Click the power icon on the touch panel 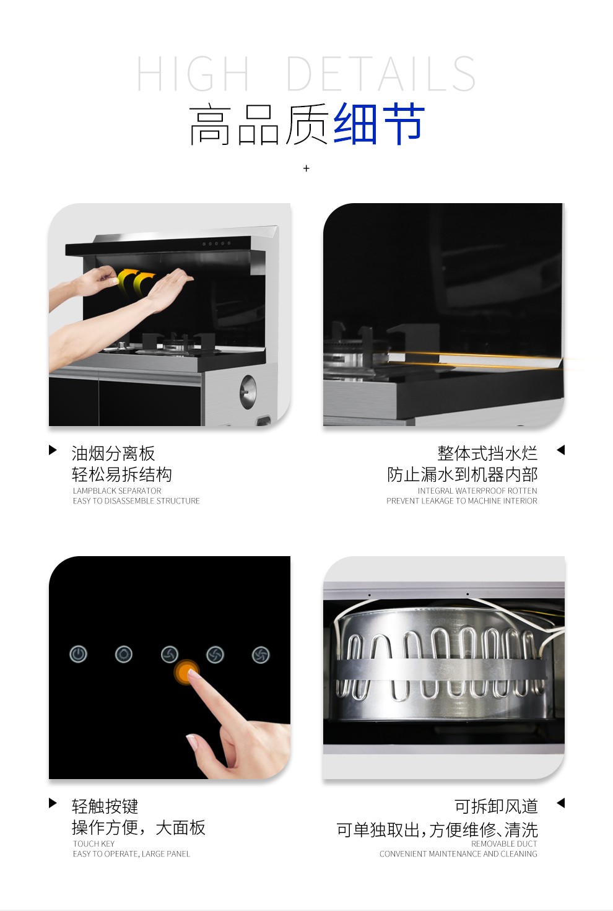(x=78, y=654)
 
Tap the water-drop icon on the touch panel (x=124, y=654)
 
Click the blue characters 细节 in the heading (x=380, y=123)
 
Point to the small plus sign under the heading (x=306, y=168)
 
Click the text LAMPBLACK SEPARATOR (x=117, y=490)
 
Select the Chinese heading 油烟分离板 (x=113, y=453)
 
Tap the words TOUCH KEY (x=94, y=843)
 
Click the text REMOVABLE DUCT (x=504, y=843)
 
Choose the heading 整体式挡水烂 (x=487, y=453)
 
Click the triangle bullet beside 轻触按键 (x=53, y=803)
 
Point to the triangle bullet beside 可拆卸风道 (x=560, y=803)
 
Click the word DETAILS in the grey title (x=381, y=74)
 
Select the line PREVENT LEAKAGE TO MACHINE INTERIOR (x=462, y=500)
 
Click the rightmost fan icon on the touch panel (x=261, y=655)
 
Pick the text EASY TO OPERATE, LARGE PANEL (x=131, y=853)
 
